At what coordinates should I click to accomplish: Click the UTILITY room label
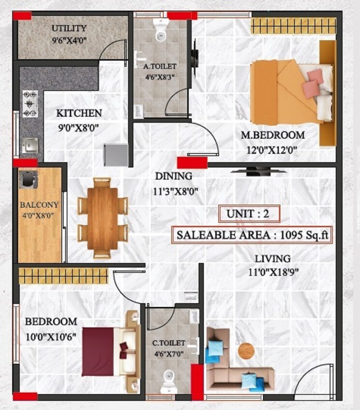pyautogui.click(x=69, y=28)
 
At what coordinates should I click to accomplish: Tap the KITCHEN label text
pyautogui.click(x=79, y=113)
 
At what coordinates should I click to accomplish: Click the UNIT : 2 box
pyautogui.click(x=249, y=214)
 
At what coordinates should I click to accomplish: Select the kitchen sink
pyautogui.click(x=30, y=144)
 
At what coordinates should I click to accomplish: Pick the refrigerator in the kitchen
pyautogui.click(x=115, y=155)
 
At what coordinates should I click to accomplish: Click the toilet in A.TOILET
pyautogui.click(x=160, y=30)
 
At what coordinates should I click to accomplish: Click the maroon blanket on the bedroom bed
pyautogui.click(x=98, y=351)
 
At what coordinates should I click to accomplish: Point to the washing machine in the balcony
pyautogui.click(x=27, y=178)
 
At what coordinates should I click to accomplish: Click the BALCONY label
pyautogui.click(x=39, y=205)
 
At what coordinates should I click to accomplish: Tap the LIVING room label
pyautogui.click(x=273, y=259)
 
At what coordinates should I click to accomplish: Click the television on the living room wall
pyautogui.click(x=254, y=170)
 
